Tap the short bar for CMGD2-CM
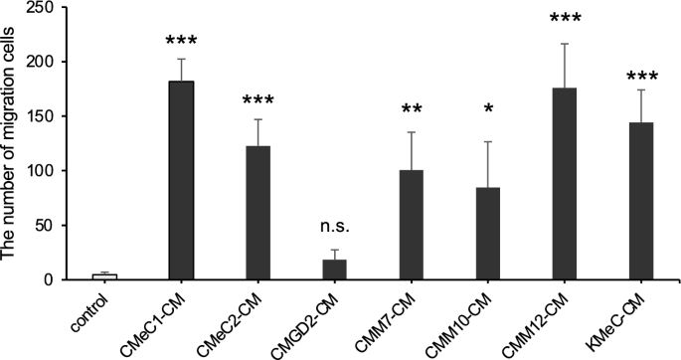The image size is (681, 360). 335,270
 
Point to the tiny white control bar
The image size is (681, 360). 104,276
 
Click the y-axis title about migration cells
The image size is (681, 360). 12,144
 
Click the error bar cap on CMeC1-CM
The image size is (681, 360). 181,59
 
